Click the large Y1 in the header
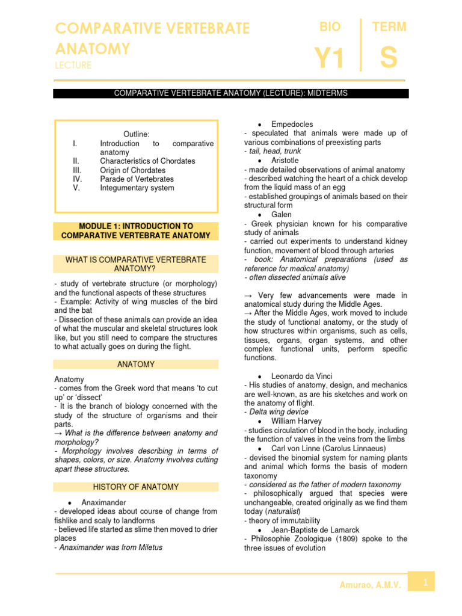(x=330, y=60)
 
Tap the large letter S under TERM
(x=389, y=59)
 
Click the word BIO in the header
(x=330, y=27)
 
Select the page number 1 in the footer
(x=425, y=582)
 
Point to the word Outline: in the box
(x=137, y=134)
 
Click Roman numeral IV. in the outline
(x=76, y=179)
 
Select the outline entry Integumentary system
(x=137, y=188)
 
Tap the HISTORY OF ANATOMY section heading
(x=135, y=487)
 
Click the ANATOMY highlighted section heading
(x=135, y=365)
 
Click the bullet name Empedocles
(x=292, y=125)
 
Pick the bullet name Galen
(x=282, y=215)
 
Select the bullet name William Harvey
(x=297, y=421)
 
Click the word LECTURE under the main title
(x=73, y=65)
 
